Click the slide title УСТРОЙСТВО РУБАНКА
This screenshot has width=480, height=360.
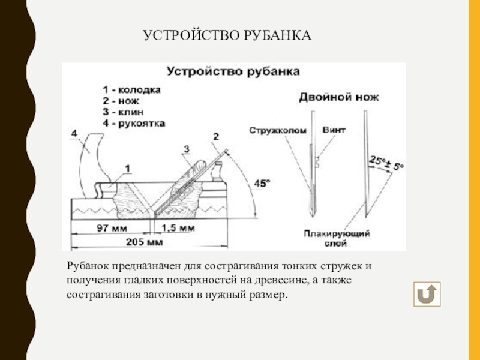pyautogui.click(x=227, y=37)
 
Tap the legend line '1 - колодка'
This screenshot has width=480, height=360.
pyautogui.click(x=131, y=89)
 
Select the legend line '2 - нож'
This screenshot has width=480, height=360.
pyautogui.click(x=121, y=100)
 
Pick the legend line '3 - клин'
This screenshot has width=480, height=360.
pyautogui.click(x=124, y=111)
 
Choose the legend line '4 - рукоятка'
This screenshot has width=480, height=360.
pyautogui.click(x=133, y=122)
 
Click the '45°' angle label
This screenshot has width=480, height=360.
pyautogui.click(x=262, y=184)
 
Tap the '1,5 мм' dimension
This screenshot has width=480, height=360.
pyautogui.click(x=178, y=228)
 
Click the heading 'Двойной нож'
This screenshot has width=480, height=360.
pyautogui.click(x=339, y=97)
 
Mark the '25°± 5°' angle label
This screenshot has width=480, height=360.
pyautogui.click(x=386, y=163)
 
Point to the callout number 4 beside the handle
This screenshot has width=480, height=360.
pyautogui.click(x=73, y=133)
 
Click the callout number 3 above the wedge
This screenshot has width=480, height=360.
pyautogui.click(x=187, y=148)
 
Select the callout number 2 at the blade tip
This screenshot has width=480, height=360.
pyautogui.click(x=216, y=137)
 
